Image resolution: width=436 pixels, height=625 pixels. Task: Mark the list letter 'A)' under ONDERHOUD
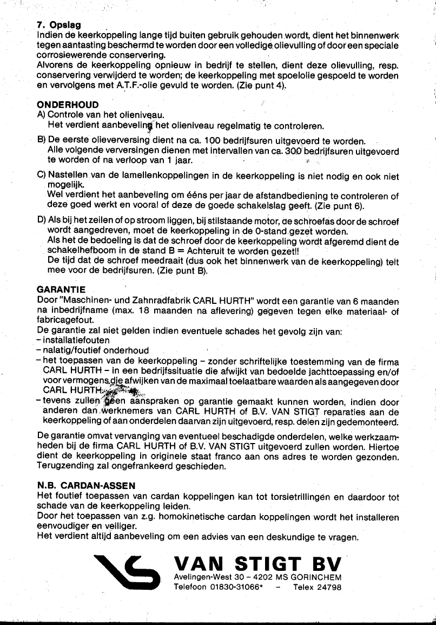point(42,115)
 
